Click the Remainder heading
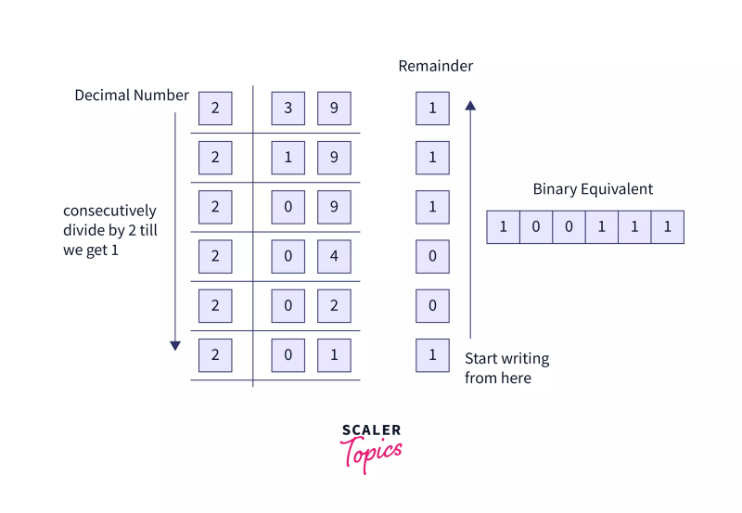[435, 66]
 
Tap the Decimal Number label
[132, 96]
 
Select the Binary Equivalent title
[593, 189]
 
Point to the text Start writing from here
[506, 368]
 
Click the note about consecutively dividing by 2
[109, 231]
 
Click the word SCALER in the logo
[371, 430]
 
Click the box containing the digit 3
[288, 109]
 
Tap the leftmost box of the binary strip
[503, 227]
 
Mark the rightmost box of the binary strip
[667, 227]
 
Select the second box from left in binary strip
[536, 227]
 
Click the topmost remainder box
[432, 109]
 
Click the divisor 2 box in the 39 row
[215, 109]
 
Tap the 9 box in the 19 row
[334, 158]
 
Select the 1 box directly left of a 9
[288, 158]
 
